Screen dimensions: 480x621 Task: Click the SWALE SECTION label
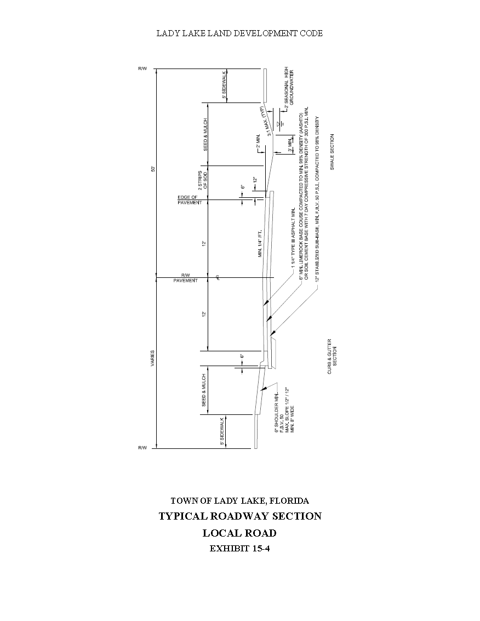332,152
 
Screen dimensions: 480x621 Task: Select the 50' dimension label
153,169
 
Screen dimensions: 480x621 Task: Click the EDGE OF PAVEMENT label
190,200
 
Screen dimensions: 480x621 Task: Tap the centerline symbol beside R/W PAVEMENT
218,277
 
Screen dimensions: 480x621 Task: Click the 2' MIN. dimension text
258,145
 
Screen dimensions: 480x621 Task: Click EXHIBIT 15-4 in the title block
239,549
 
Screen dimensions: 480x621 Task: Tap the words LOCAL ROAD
239,533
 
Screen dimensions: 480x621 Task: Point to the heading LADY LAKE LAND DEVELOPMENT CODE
239,33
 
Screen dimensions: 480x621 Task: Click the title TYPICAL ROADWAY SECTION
239,516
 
